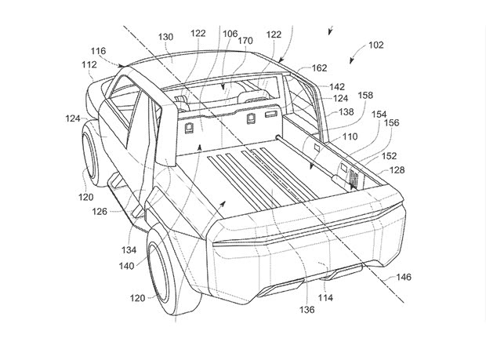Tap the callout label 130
pyautogui.click(x=165, y=36)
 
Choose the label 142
pyautogui.click(x=336, y=87)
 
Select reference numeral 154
pyautogui.click(x=379, y=114)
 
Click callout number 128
pyautogui.click(x=397, y=169)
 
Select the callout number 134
pyautogui.click(x=129, y=250)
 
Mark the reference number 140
pyautogui.click(x=127, y=266)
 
